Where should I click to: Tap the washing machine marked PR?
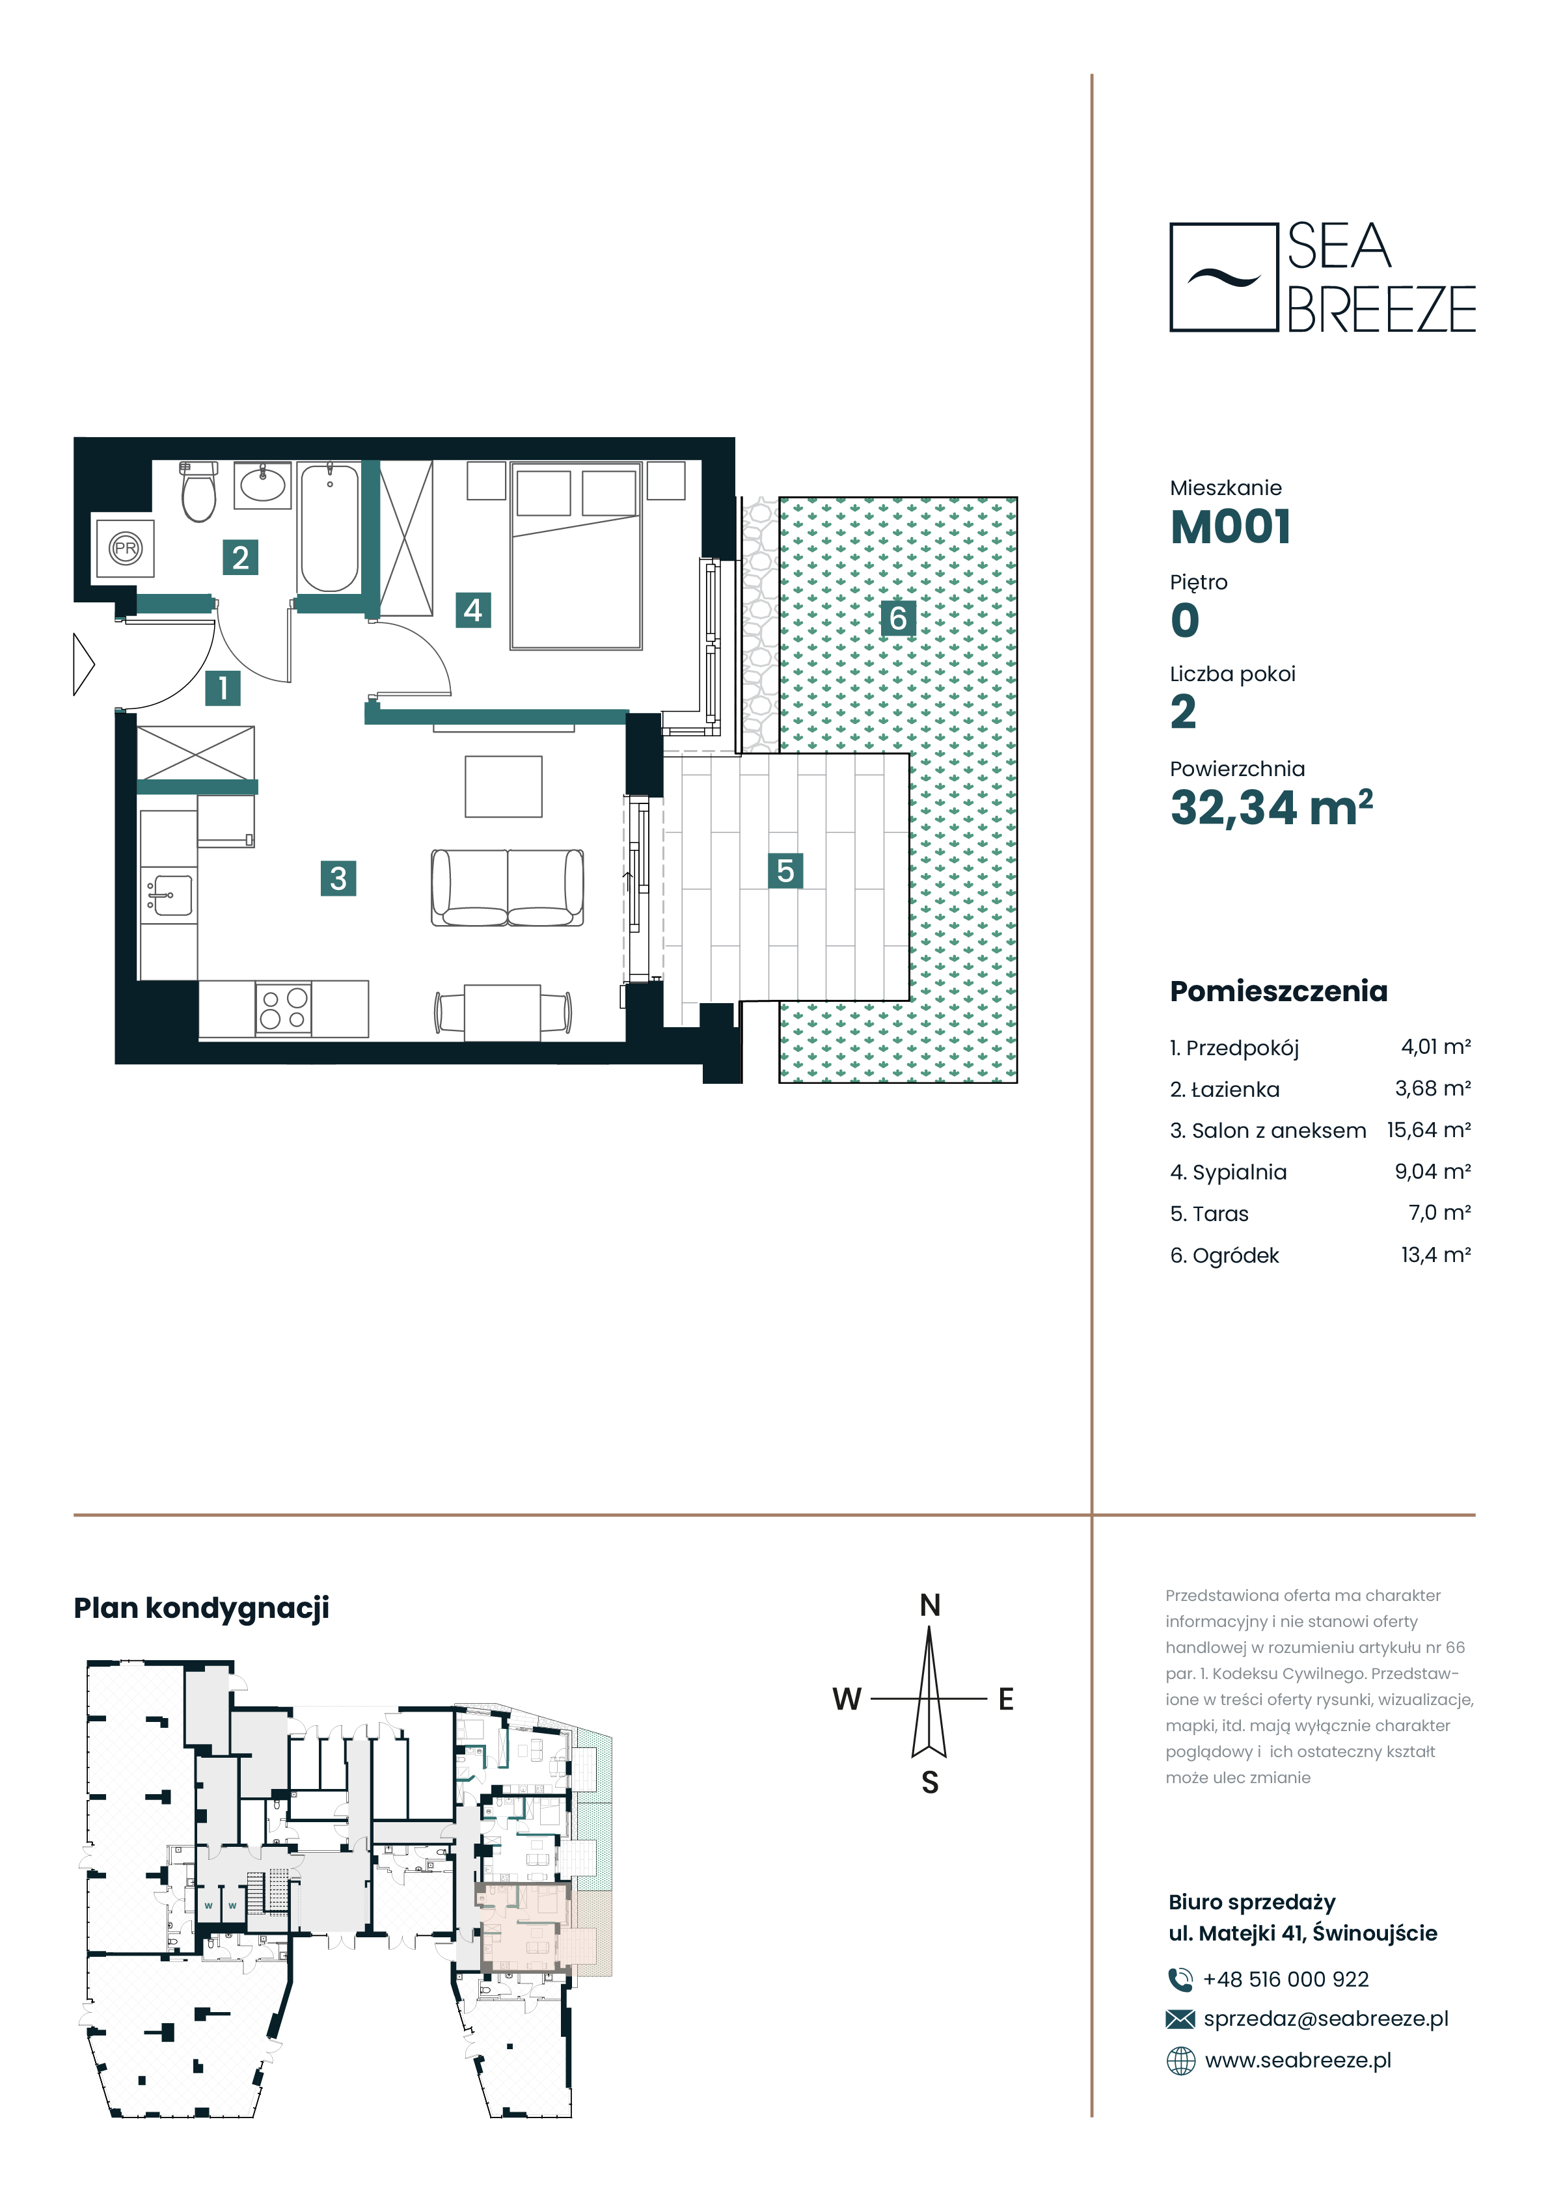125,548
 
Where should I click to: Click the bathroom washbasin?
262,486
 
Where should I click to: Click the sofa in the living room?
507,887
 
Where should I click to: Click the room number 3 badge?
338,878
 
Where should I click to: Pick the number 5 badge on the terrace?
785,870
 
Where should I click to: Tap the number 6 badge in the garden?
898,619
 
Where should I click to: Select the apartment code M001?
1230,527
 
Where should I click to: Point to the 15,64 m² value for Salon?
1429,1130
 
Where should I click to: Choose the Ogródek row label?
1225,1255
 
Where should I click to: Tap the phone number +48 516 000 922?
1286,1979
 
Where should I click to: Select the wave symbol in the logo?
1223,278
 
